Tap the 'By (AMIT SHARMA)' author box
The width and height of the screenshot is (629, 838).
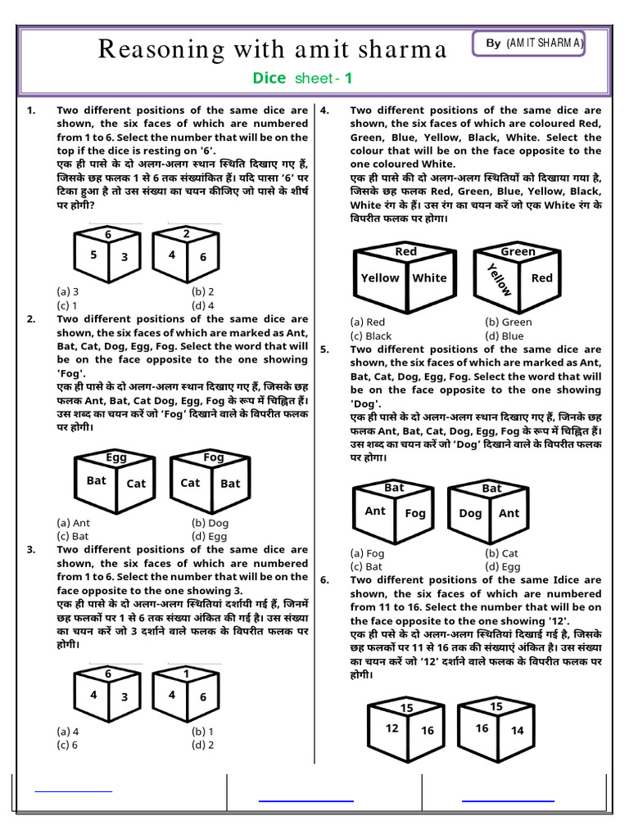(x=528, y=43)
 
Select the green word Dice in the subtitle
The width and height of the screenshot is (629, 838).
(x=269, y=79)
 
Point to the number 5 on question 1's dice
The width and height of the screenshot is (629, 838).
(x=93, y=255)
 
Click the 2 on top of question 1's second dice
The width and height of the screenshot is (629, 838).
(x=186, y=234)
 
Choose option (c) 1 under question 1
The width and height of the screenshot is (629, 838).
(x=67, y=305)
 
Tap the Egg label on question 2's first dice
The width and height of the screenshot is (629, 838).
(x=116, y=457)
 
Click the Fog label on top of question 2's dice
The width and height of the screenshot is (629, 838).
(x=213, y=457)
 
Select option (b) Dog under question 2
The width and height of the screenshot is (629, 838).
(x=210, y=523)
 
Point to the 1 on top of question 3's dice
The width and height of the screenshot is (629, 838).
(x=186, y=674)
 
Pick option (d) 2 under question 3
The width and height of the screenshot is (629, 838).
(x=202, y=745)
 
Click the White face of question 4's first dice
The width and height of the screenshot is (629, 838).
(x=429, y=278)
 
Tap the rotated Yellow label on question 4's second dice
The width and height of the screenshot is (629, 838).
(x=498, y=280)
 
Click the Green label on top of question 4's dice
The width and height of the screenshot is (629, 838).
(x=518, y=252)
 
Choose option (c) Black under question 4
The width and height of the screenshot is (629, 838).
(x=370, y=336)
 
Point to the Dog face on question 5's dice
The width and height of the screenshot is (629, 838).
(x=470, y=513)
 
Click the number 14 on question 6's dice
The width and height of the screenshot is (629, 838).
(x=517, y=731)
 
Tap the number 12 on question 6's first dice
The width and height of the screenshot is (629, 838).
(x=392, y=728)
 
